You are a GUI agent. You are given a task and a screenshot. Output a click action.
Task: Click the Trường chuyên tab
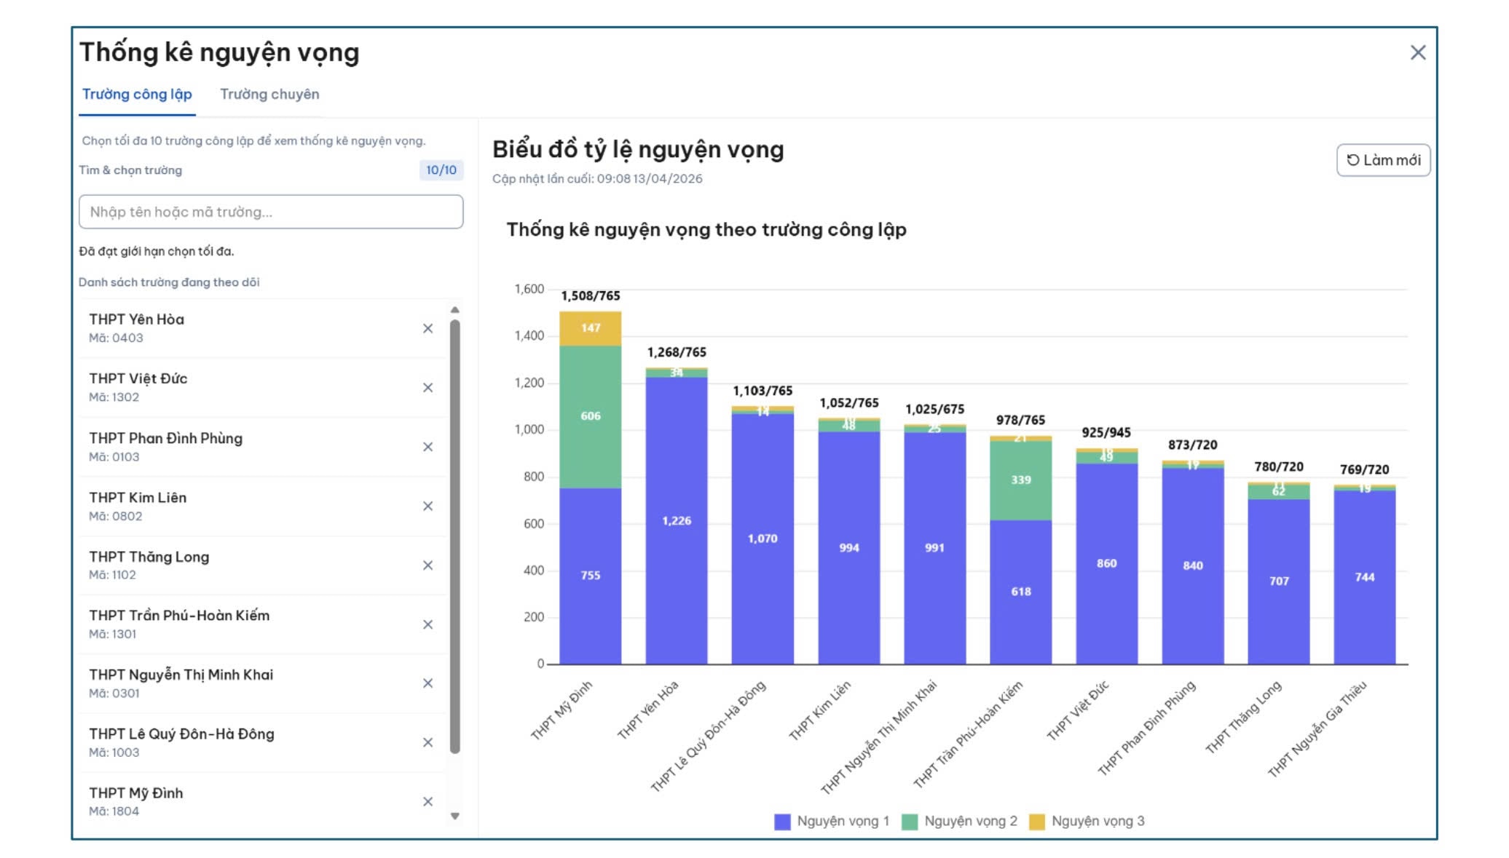pyautogui.click(x=269, y=95)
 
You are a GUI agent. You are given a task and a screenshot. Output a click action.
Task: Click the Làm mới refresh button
pyautogui.click(x=1382, y=160)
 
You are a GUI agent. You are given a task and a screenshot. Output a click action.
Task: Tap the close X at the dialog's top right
pyautogui.click(x=1417, y=52)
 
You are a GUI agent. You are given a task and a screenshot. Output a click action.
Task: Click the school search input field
pyautogui.click(x=270, y=212)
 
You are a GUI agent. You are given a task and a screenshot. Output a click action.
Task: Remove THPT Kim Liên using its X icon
pyautogui.click(x=428, y=506)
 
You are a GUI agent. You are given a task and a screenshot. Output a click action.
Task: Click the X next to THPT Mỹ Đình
pyautogui.click(x=428, y=801)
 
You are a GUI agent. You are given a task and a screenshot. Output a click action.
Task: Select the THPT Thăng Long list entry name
pyautogui.click(x=149, y=557)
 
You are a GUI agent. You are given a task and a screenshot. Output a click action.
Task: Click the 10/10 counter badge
pyautogui.click(x=441, y=170)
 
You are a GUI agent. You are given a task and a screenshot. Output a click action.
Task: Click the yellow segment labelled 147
pyautogui.click(x=590, y=328)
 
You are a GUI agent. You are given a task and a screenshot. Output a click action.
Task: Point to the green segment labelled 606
pyautogui.click(x=590, y=416)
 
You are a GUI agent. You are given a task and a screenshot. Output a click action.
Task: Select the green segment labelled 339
pyautogui.click(x=1020, y=480)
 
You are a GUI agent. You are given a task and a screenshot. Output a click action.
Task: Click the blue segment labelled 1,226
pyautogui.click(x=676, y=521)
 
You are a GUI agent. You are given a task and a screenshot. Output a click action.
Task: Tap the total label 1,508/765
pyautogui.click(x=590, y=295)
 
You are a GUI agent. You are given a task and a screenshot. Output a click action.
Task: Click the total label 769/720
pyautogui.click(x=1364, y=469)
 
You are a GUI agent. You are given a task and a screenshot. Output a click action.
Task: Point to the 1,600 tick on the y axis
pyautogui.click(x=529, y=289)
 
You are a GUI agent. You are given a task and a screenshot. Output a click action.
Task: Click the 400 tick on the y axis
pyautogui.click(x=533, y=571)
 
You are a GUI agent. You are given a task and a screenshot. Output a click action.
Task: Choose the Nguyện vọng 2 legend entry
pyautogui.click(x=959, y=821)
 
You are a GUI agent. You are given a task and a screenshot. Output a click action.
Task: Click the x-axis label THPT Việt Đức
pyautogui.click(x=1079, y=710)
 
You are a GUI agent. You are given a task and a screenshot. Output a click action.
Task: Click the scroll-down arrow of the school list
pyautogui.click(x=454, y=817)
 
